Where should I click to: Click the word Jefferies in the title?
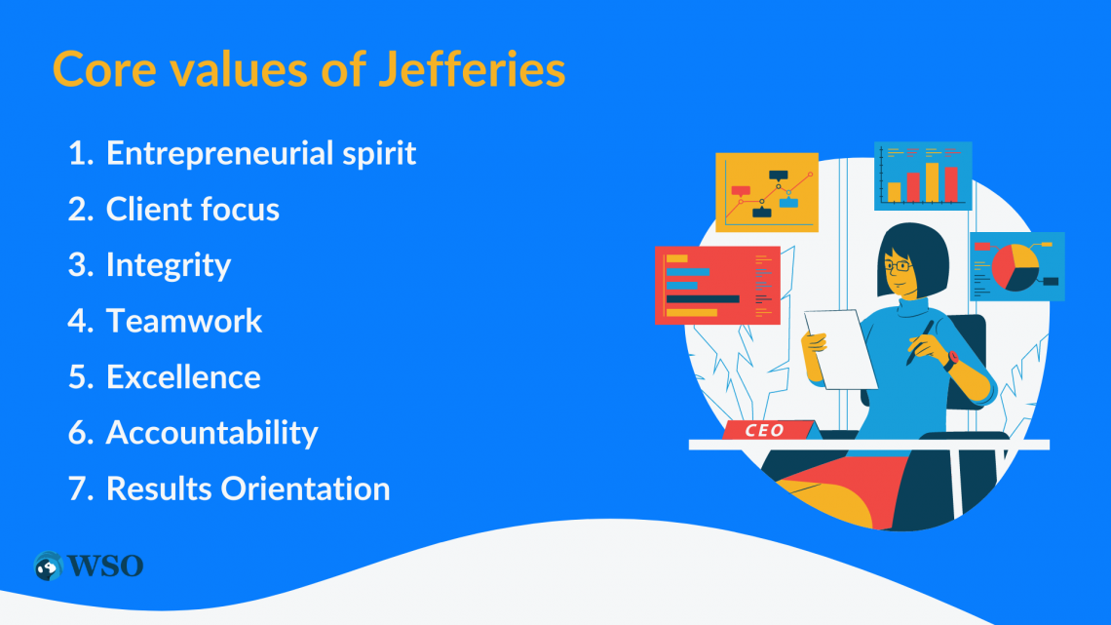tap(471, 69)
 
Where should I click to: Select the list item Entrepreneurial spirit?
tap(261, 154)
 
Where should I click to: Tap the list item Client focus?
tap(193, 209)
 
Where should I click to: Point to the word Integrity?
tap(169, 266)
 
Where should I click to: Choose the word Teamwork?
tap(184, 321)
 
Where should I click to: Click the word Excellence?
tap(183, 377)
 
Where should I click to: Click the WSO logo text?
tap(105, 566)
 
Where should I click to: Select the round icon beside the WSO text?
tap(48, 566)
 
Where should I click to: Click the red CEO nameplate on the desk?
tap(767, 430)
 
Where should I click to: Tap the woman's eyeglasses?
tap(898, 266)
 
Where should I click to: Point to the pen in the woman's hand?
tap(920, 343)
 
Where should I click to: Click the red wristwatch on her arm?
tap(951, 360)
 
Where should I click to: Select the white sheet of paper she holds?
tap(841, 349)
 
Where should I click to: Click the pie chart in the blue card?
tap(1015, 267)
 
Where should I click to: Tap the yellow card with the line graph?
tap(767, 192)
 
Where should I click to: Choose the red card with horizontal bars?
tap(717, 285)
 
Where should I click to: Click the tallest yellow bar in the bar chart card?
tap(932, 183)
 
